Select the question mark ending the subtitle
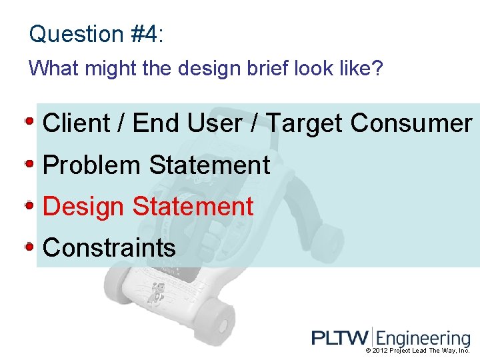coord(379,68)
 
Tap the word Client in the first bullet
coord(76,123)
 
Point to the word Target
coord(305,123)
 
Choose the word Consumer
coord(411,123)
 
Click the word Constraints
coord(109,247)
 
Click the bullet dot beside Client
coord(30,122)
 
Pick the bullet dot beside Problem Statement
coord(30,163)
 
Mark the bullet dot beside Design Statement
coord(30,205)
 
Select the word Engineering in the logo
coord(423,339)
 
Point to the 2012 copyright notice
coord(417,351)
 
